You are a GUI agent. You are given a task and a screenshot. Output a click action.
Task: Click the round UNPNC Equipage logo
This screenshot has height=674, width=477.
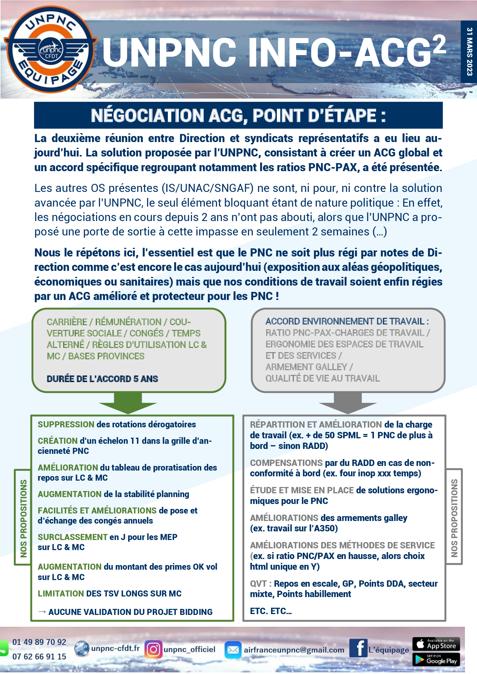pyautogui.click(x=50, y=49)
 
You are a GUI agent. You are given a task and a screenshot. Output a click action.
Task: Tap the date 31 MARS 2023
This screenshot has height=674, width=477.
pyautogui.click(x=469, y=51)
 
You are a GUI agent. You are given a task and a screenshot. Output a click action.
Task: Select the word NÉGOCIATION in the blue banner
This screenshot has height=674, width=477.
pyautogui.click(x=147, y=116)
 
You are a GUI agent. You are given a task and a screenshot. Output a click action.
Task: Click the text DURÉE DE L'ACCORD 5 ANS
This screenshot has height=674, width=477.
pyautogui.click(x=102, y=379)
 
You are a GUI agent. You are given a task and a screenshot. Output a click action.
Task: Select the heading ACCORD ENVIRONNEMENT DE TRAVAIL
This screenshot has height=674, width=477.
pyautogui.click(x=345, y=322)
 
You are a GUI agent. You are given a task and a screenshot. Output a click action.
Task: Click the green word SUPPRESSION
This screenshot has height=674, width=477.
pyautogui.click(x=66, y=424)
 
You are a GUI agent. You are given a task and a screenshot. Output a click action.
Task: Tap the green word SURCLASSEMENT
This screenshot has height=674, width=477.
pyautogui.click(x=72, y=537)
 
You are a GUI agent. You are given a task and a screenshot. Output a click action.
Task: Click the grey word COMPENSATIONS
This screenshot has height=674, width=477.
pyautogui.click(x=286, y=463)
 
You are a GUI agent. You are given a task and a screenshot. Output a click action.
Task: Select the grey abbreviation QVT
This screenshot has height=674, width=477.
pyautogui.click(x=258, y=584)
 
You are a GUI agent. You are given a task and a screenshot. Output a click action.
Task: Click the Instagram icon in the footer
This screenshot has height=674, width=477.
pyautogui.click(x=153, y=649)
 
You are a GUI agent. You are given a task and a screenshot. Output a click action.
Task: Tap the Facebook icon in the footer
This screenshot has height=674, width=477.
pyautogui.click(x=358, y=648)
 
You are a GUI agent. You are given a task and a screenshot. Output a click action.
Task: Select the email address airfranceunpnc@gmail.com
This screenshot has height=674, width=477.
pyautogui.click(x=294, y=650)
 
